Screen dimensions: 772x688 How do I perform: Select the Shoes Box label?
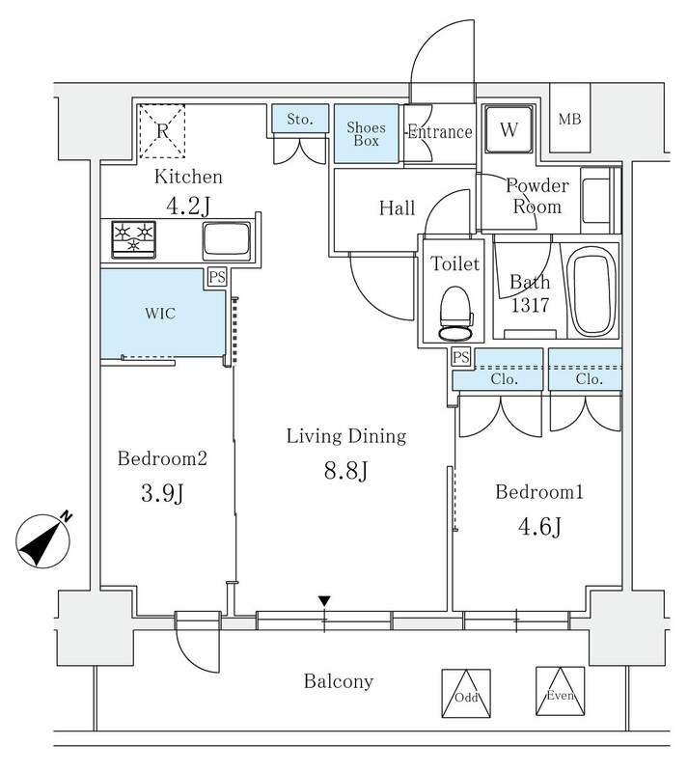click(x=368, y=133)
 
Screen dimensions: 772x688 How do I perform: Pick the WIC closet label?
click(x=160, y=314)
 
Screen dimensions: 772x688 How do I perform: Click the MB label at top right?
click(x=569, y=121)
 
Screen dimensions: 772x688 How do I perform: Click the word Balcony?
click(x=338, y=682)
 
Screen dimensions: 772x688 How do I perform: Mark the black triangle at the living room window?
click(x=325, y=602)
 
